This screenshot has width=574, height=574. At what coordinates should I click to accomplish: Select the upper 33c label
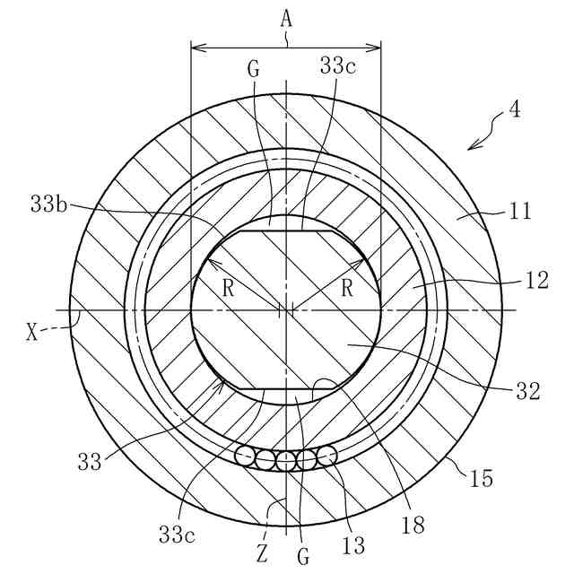pos(338,65)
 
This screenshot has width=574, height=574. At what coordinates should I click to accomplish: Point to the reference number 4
pos(514,109)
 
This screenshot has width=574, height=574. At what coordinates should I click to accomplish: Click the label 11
pos(520,212)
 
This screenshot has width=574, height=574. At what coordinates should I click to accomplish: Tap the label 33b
pos(46,204)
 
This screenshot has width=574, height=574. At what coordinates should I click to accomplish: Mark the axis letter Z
pos(262,554)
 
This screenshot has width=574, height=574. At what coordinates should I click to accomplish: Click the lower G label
pos(304,556)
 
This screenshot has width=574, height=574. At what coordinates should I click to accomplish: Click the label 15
pos(482,478)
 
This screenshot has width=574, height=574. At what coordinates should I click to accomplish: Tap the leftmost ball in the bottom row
pos(245,457)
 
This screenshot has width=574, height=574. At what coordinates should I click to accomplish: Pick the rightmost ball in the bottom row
pos(327,455)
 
